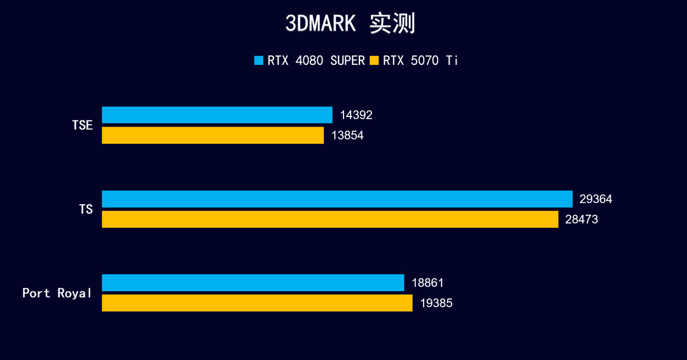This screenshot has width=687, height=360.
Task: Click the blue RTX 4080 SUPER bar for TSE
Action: [217, 115]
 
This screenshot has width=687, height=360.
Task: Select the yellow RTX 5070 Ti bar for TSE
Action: [212, 135]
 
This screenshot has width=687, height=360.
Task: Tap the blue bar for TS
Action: [337, 199]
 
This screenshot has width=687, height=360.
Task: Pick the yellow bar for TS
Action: [330, 219]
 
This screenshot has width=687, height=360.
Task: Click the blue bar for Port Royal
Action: [253, 282]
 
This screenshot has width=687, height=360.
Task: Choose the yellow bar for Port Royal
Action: [257, 303]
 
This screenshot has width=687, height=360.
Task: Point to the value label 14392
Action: [356, 115]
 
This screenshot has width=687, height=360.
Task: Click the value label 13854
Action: [347, 135]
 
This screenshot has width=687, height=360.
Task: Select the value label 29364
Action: [596, 199]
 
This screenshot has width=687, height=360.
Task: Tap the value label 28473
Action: [581, 219]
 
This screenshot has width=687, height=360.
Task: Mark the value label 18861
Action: [427, 282]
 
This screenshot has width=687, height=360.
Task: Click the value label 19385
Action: [436, 303]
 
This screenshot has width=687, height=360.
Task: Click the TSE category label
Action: [83, 125]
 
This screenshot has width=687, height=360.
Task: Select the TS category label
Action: [86, 209]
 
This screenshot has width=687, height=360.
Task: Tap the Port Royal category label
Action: [57, 293]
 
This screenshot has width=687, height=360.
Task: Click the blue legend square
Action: [259, 61]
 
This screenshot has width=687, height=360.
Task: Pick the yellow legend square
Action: [375, 61]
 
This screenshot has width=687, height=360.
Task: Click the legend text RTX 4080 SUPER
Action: [316, 61]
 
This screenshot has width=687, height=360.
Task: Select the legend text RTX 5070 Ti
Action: [420, 61]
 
